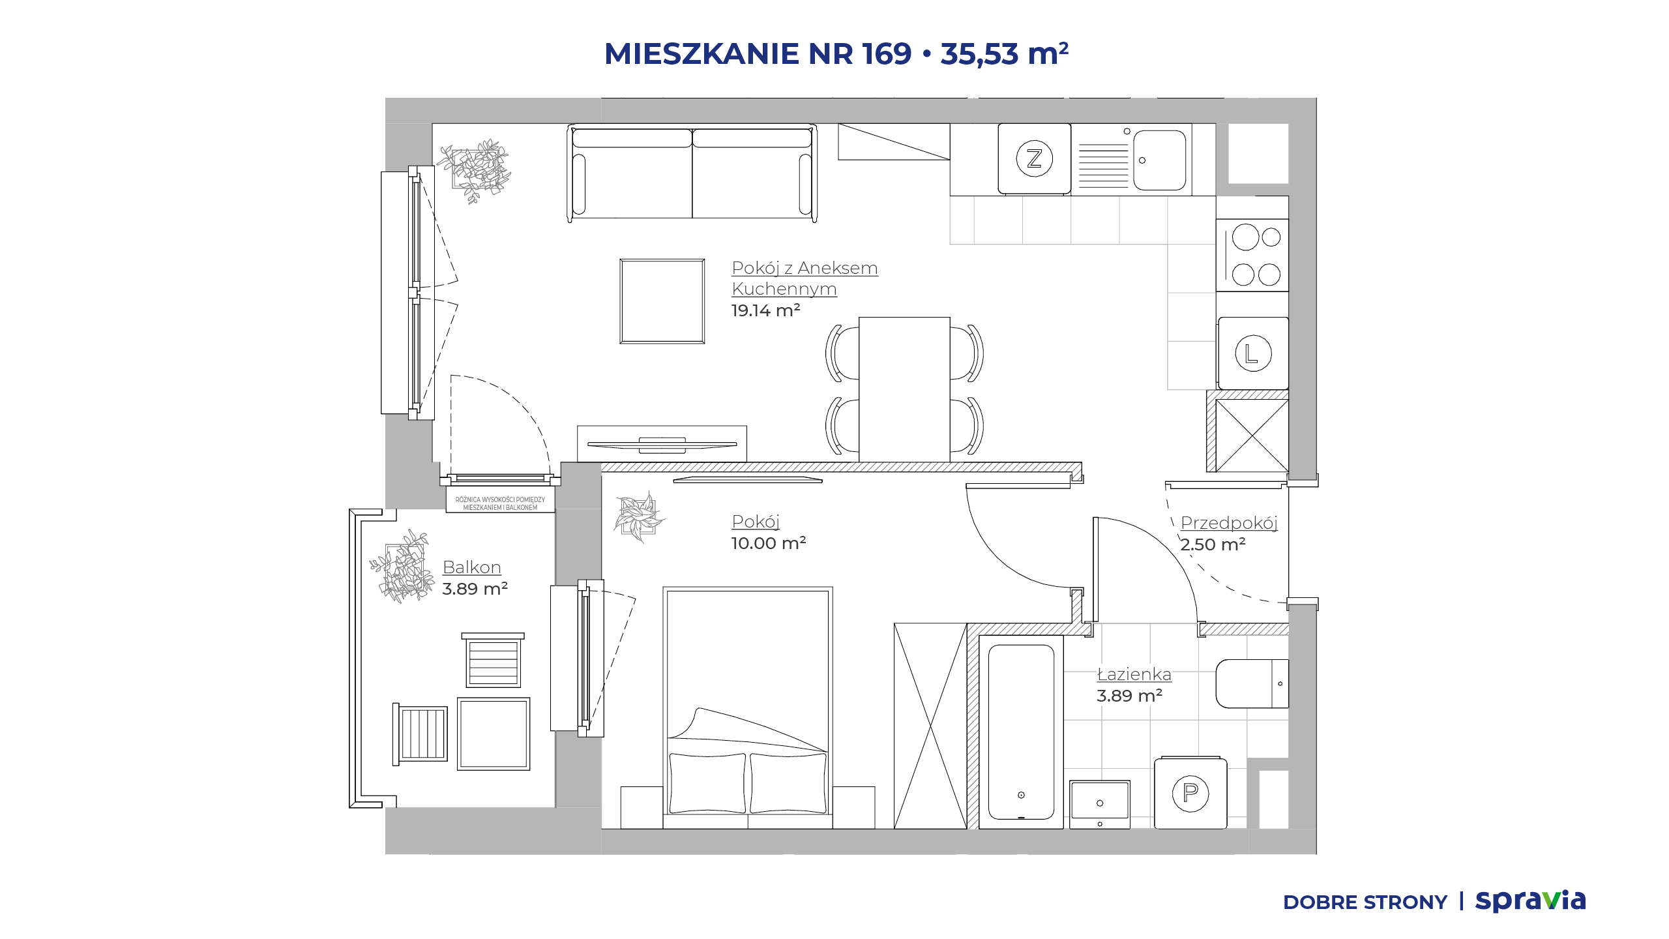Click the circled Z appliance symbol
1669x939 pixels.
coord(1034,158)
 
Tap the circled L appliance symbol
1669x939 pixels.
coord(1253,353)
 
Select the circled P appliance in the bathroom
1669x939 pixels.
coord(1190,793)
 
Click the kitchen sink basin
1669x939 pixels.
coord(1159,160)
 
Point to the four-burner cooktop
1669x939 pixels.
coord(1252,256)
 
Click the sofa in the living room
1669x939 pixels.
coord(692,173)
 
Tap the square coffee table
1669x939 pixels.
coord(662,301)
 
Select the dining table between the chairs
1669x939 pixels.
coord(904,390)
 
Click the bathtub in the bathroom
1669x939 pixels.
coord(1021,732)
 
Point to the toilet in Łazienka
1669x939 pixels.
coord(1252,683)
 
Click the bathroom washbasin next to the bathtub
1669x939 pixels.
coord(1100,804)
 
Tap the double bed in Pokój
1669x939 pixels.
coord(748,708)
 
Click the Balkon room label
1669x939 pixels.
coord(472,567)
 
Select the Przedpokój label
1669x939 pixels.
coord(1229,523)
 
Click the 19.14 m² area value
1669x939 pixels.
coord(765,310)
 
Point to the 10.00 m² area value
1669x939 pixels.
coord(769,543)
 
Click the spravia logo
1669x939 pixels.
coord(1530,901)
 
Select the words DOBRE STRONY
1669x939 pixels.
coord(1365,902)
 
